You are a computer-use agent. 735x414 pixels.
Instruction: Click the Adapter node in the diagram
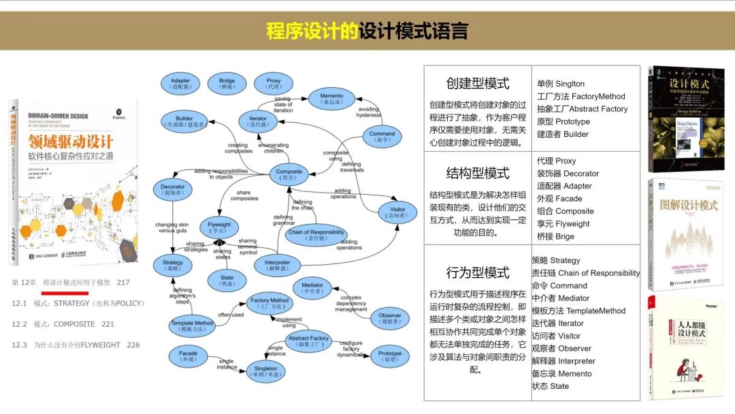click(x=180, y=84)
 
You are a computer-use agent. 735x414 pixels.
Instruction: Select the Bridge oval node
click(x=227, y=84)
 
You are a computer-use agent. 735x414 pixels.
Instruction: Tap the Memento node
click(x=331, y=99)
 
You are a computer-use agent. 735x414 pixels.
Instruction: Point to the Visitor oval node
click(x=397, y=212)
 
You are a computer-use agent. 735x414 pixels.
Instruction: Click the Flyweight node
click(x=218, y=227)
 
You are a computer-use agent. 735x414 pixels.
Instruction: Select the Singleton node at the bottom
click(x=265, y=372)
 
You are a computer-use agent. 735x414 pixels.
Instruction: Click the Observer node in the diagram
click(x=389, y=319)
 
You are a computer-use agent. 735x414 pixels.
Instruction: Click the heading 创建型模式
click(x=478, y=84)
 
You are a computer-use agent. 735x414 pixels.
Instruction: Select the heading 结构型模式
click(x=478, y=173)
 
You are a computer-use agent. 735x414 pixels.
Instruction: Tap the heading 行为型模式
click(x=478, y=273)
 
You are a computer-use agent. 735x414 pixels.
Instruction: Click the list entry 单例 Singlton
click(x=561, y=84)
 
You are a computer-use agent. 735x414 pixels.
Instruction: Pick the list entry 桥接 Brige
click(x=555, y=236)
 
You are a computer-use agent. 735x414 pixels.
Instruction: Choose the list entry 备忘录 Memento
click(x=561, y=373)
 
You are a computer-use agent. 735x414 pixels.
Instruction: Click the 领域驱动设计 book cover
click(x=73, y=182)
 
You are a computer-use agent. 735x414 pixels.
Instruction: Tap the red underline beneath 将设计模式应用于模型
click(x=65, y=293)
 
